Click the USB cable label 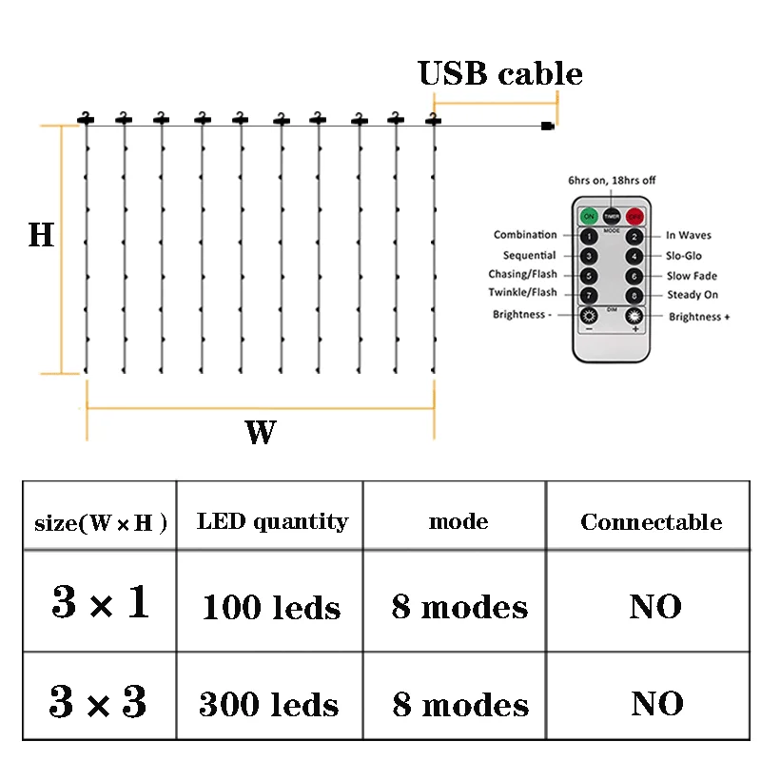point(500,73)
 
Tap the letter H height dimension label point(41,235)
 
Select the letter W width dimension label point(260,433)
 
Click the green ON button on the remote point(590,215)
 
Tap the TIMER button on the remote point(612,215)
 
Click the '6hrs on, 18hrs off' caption point(612,180)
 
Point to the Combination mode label point(525,235)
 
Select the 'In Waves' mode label point(688,236)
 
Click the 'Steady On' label point(692,295)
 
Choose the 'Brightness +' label point(699,317)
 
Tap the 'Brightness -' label point(521,315)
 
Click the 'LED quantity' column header point(272,521)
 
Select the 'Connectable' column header point(651,522)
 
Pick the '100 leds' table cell point(271,607)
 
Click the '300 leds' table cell point(269,704)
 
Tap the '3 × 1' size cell point(101,603)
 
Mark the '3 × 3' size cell point(99,702)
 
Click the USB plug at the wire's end point(546,126)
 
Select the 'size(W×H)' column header point(101,523)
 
